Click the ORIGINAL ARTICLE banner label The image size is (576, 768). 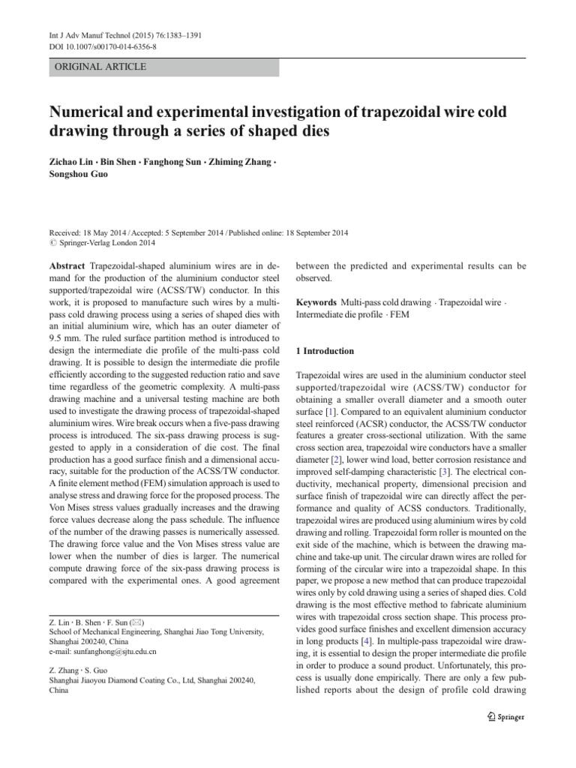[x=97, y=67]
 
